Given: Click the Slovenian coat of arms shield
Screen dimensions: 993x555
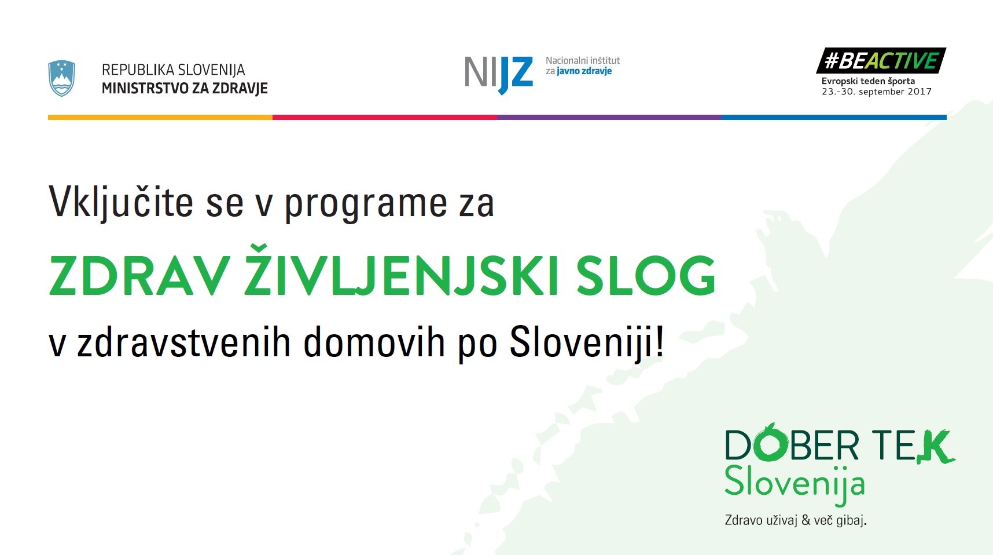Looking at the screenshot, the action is [x=61, y=78].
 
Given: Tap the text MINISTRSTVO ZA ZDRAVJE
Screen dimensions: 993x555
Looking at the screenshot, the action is [x=185, y=89].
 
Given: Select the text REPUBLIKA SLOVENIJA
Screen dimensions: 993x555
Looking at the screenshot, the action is [x=173, y=70].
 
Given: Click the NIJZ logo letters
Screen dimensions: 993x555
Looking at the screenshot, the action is [x=498, y=74].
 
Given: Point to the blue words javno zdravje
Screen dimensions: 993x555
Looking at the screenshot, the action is [x=584, y=71].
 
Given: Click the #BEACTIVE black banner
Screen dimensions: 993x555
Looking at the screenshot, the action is [x=881, y=60].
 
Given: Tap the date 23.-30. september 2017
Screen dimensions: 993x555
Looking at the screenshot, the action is [x=877, y=92].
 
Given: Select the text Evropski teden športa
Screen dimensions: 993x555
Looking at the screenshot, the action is [x=868, y=81].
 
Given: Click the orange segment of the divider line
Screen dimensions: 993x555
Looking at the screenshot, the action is [x=160, y=117].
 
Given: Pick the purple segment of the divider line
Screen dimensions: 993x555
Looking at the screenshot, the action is [x=609, y=117].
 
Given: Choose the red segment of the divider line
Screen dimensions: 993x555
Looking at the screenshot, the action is [x=385, y=117].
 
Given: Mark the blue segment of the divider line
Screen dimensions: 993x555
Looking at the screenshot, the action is [x=834, y=117].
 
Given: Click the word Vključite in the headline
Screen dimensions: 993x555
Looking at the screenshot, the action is [x=121, y=203].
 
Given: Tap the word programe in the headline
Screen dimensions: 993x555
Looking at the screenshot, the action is [x=366, y=206].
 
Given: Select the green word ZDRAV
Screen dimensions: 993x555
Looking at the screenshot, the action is [x=139, y=276].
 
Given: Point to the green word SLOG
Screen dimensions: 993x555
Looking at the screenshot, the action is [x=646, y=276].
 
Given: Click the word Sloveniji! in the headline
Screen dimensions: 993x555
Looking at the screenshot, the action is [x=587, y=342].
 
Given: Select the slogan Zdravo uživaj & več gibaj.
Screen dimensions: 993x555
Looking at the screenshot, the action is [x=796, y=520].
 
